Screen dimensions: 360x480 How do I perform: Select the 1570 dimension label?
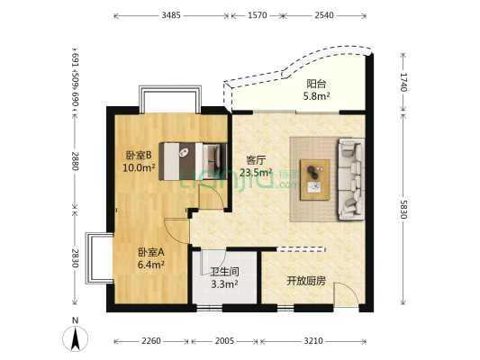click(x=257, y=15)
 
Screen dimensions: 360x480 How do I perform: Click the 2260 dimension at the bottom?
click(x=150, y=341)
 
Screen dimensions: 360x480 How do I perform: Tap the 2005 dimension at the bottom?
click(x=224, y=341)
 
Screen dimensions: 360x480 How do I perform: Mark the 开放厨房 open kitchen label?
click(x=305, y=281)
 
